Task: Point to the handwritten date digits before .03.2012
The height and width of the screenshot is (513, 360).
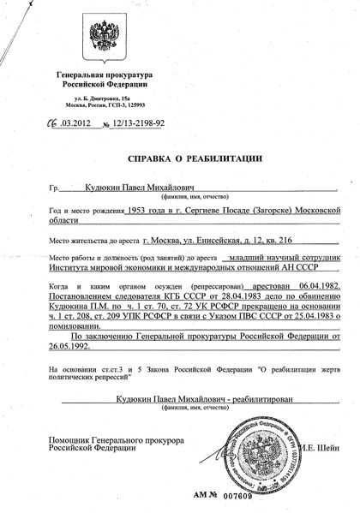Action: [x=57, y=125]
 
